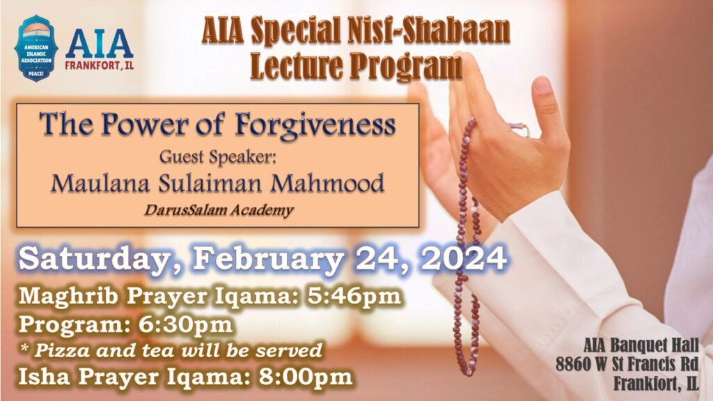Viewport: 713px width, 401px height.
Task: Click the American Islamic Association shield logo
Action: tap(36, 49)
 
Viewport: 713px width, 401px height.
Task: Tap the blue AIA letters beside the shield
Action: tap(99, 44)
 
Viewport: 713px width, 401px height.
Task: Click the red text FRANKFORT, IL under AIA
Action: tap(99, 65)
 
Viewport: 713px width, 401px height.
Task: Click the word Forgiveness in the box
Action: tap(315, 125)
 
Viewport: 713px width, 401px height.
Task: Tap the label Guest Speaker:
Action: tap(218, 157)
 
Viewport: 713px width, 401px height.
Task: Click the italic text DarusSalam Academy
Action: tap(219, 210)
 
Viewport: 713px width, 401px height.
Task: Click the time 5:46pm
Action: tap(354, 296)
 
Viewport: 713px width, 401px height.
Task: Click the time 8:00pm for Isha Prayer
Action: tap(306, 377)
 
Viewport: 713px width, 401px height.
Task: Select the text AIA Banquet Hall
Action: tap(641, 345)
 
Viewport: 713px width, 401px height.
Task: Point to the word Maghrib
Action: tap(68, 296)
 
